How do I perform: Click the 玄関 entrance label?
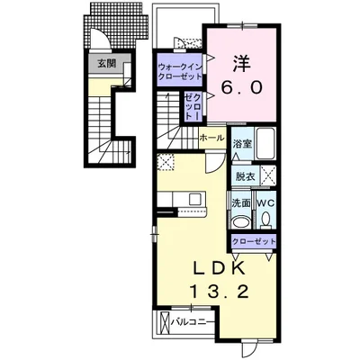(x=107, y=64)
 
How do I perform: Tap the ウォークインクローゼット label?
(x=179, y=71)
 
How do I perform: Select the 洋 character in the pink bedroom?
(x=242, y=63)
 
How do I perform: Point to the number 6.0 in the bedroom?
(x=242, y=87)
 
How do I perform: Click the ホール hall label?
(x=211, y=138)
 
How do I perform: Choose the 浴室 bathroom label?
(x=242, y=144)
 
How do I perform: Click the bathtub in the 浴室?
(x=265, y=144)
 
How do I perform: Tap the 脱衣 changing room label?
(x=245, y=176)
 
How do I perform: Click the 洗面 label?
(x=241, y=203)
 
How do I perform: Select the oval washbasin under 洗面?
(x=240, y=222)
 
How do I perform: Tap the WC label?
(x=265, y=203)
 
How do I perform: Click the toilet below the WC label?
(x=265, y=220)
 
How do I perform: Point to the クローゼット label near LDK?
(x=254, y=242)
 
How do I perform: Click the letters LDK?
(x=219, y=268)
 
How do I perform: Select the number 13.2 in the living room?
(x=219, y=292)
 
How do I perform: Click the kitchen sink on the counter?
(x=194, y=199)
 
